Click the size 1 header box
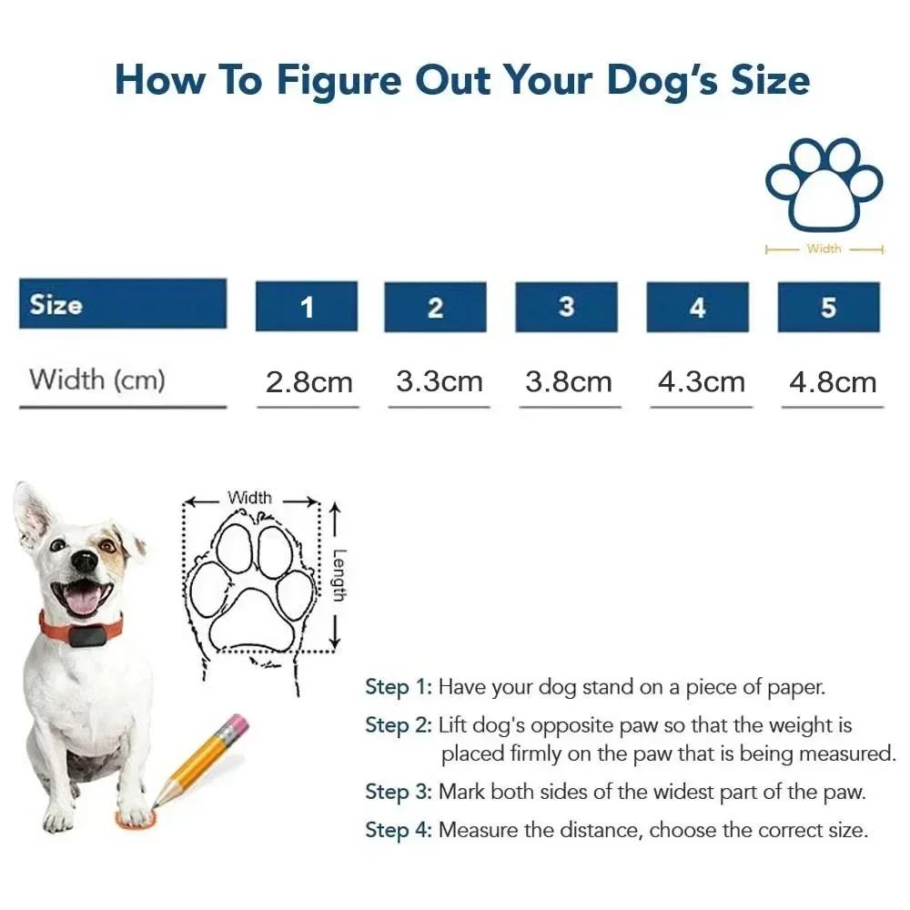click(306, 307)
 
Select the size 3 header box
click(566, 307)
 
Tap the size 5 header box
click(828, 307)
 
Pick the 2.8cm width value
click(308, 382)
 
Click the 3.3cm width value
click(439, 381)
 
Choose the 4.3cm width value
click(701, 382)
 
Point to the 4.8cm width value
click(832, 382)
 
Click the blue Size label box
click(122, 304)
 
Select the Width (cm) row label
click(97, 379)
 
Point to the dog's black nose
click(85, 561)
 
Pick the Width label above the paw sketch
click(249, 498)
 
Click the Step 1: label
click(399, 687)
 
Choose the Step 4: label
click(399, 830)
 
